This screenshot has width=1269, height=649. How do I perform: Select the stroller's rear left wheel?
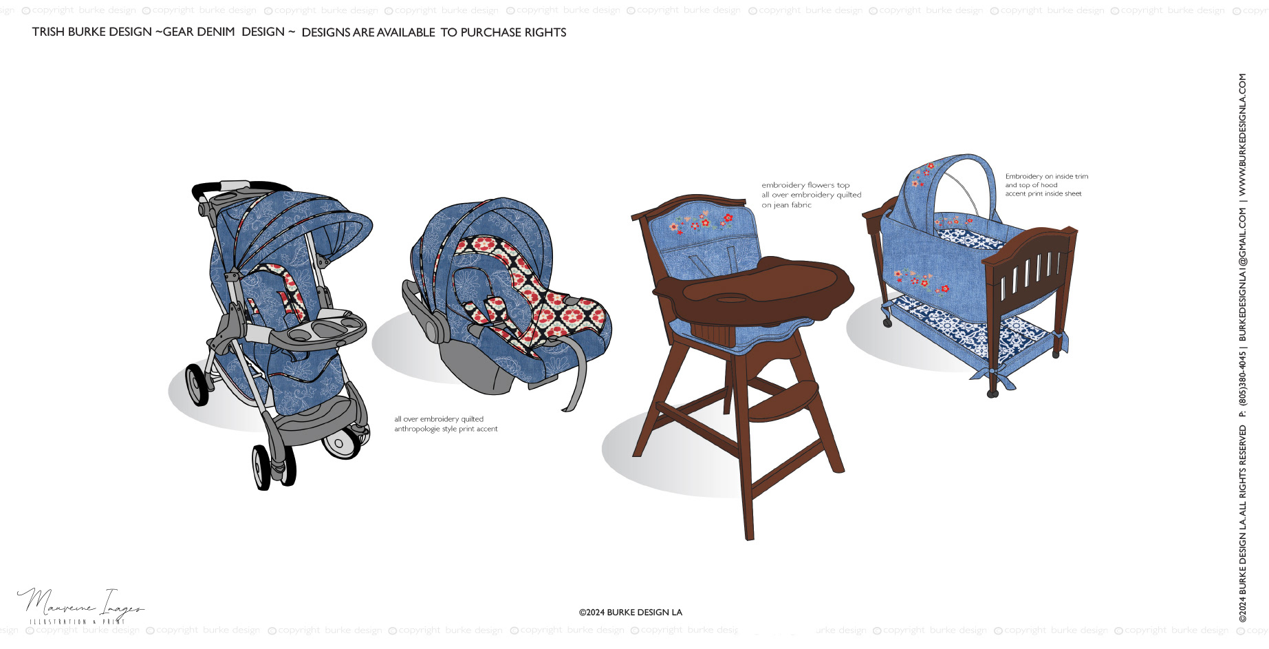click(197, 385)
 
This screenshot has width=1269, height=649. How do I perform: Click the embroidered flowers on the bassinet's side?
click(922, 280)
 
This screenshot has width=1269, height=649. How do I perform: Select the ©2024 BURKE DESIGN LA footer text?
click(631, 613)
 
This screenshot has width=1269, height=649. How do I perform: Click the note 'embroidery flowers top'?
click(805, 185)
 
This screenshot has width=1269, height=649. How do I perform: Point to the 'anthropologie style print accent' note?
click(446, 429)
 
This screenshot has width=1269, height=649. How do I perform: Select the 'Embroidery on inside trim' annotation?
click(1046, 176)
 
